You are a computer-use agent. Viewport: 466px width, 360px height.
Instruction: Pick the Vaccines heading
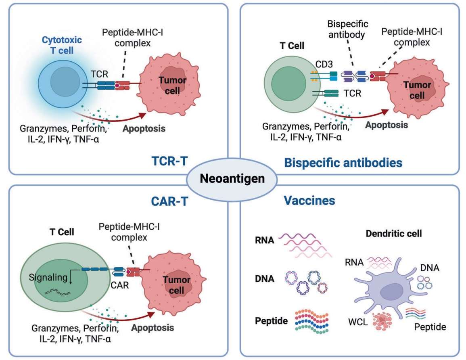tap(309, 200)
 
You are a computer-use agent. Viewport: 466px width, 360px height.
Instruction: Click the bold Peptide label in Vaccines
tap(271, 322)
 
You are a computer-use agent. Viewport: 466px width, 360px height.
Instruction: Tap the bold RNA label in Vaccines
tap(265, 241)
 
